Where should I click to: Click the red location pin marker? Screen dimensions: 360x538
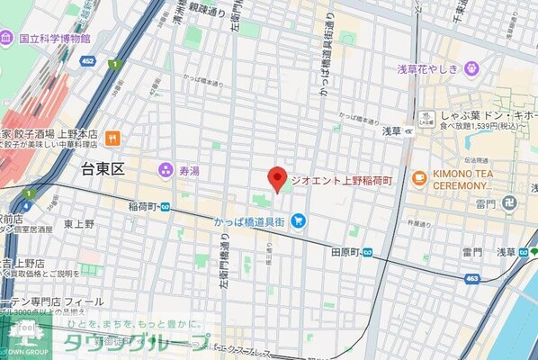click(x=278, y=178)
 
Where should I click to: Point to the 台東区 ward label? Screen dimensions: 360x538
click(x=101, y=168)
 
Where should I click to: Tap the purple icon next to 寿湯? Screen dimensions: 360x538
click(x=166, y=168)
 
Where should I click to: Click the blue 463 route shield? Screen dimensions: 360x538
click(x=471, y=280)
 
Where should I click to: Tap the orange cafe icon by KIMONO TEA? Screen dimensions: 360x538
click(x=419, y=178)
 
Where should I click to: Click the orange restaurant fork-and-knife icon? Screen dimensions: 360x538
click(x=112, y=138)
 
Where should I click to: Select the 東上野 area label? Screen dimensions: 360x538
click(x=79, y=224)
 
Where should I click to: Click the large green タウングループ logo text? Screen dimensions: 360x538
click(x=135, y=342)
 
